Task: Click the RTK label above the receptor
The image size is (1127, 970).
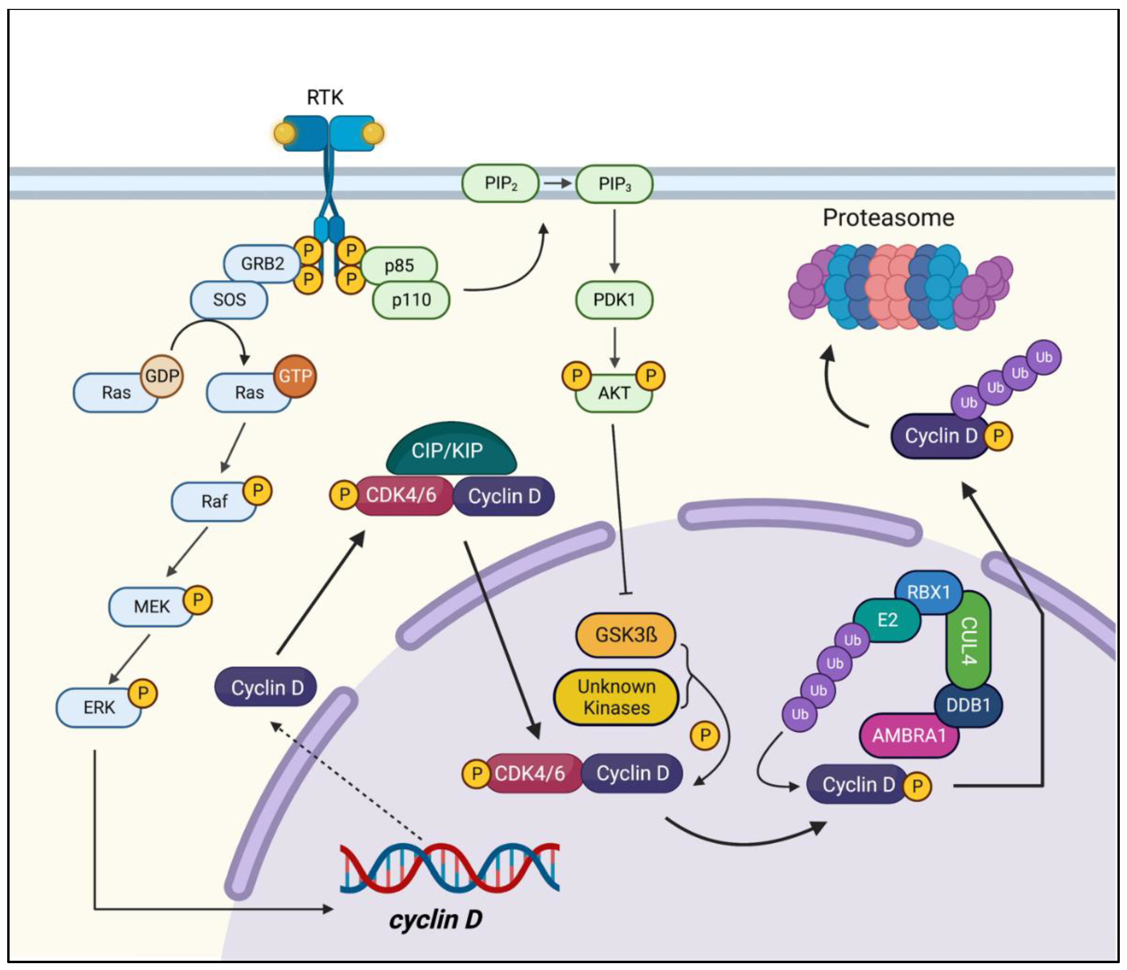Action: pos(325,97)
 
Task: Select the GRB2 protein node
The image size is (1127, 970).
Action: pos(262,264)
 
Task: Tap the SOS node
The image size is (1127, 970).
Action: pos(229,299)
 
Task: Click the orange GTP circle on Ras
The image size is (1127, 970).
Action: pos(295,376)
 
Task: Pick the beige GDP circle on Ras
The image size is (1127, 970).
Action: pos(162,376)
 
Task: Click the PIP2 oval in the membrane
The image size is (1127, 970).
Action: pos(501,184)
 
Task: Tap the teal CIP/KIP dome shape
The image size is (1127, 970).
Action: pos(451,450)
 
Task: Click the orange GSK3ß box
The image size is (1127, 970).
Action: pos(625,635)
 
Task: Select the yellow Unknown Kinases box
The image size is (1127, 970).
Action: pos(616,697)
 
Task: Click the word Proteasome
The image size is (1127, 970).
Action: pos(888,218)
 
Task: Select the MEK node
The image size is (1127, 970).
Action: pos(151,606)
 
